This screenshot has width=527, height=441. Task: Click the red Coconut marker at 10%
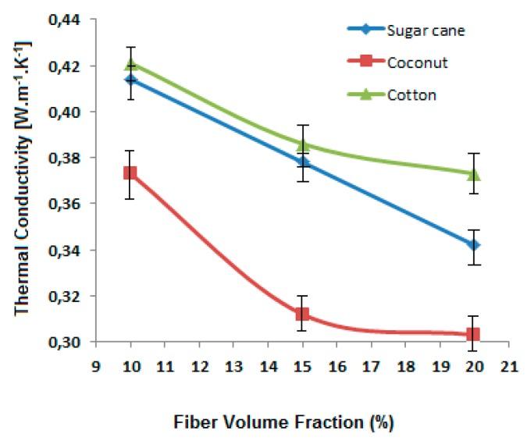click(130, 173)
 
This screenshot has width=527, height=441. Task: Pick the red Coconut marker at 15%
click(302, 314)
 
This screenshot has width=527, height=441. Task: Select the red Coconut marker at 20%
click(473, 334)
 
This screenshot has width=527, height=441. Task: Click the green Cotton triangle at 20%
click(473, 173)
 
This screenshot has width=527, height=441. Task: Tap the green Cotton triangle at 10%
click(130, 63)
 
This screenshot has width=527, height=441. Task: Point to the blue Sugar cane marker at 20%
click(473, 245)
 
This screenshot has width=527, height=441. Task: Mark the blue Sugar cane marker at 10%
click(130, 80)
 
